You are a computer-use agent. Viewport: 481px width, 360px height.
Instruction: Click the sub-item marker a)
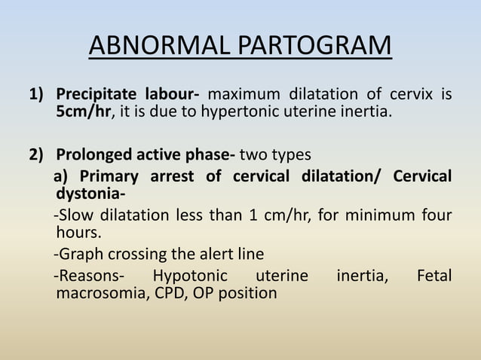pyautogui.click(x=62, y=176)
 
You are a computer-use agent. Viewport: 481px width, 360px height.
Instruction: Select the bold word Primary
pyautogui.click(x=106, y=176)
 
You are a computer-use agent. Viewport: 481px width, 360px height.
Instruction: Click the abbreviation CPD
pyautogui.click(x=171, y=293)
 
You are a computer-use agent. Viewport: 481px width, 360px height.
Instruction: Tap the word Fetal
pyautogui.click(x=434, y=275)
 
